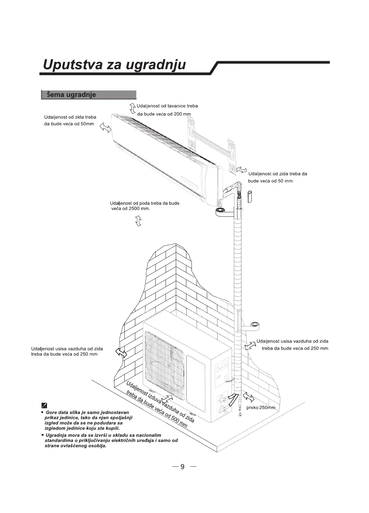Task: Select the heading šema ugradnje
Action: coord(71,95)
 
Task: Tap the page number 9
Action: coord(182,467)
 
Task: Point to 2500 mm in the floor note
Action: coord(139,209)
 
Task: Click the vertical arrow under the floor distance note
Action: coord(138,221)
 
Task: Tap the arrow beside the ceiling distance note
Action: coord(133,109)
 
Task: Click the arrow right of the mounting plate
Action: coord(242,169)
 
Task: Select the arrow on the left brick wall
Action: coord(121,353)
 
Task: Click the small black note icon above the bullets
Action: coord(44,405)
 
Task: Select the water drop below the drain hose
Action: coord(240,415)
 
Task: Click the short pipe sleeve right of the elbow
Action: coord(250,197)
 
